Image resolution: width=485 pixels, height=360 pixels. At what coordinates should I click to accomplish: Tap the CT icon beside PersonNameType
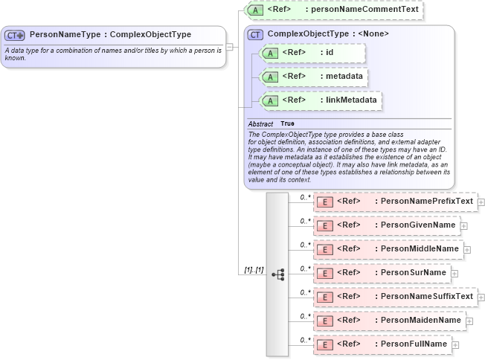pyautogui.click(x=15, y=35)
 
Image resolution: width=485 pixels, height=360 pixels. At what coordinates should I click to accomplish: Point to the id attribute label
pyautogui.click(x=329, y=53)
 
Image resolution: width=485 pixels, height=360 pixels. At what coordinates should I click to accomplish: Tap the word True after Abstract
pyautogui.click(x=287, y=123)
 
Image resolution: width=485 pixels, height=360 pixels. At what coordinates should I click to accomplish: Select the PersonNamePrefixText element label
pyautogui.click(x=425, y=202)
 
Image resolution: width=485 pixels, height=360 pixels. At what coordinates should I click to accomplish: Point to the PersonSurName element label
pyautogui.click(x=412, y=273)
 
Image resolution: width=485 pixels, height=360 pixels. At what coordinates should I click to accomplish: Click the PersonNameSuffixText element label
pyautogui.click(x=425, y=297)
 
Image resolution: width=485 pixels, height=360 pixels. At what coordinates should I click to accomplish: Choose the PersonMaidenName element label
pyautogui.click(x=420, y=321)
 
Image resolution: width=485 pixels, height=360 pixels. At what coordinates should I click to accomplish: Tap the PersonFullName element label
pyautogui.click(x=413, y=344)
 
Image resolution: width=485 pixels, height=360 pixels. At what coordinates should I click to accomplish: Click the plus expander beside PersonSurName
pyautogui.click(x=455, y=274)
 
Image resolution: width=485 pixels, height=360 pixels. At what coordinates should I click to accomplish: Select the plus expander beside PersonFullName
pyautogui.click(x=455, y=345)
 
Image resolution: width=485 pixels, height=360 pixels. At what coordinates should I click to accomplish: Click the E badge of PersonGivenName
pyautogui.click(x=324, y=225)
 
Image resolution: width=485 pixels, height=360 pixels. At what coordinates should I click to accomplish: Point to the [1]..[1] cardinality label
pyautogui.click(x=254, y=269)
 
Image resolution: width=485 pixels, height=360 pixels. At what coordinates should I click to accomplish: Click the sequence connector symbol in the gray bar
pyautogui.click(x=277, y=274)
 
